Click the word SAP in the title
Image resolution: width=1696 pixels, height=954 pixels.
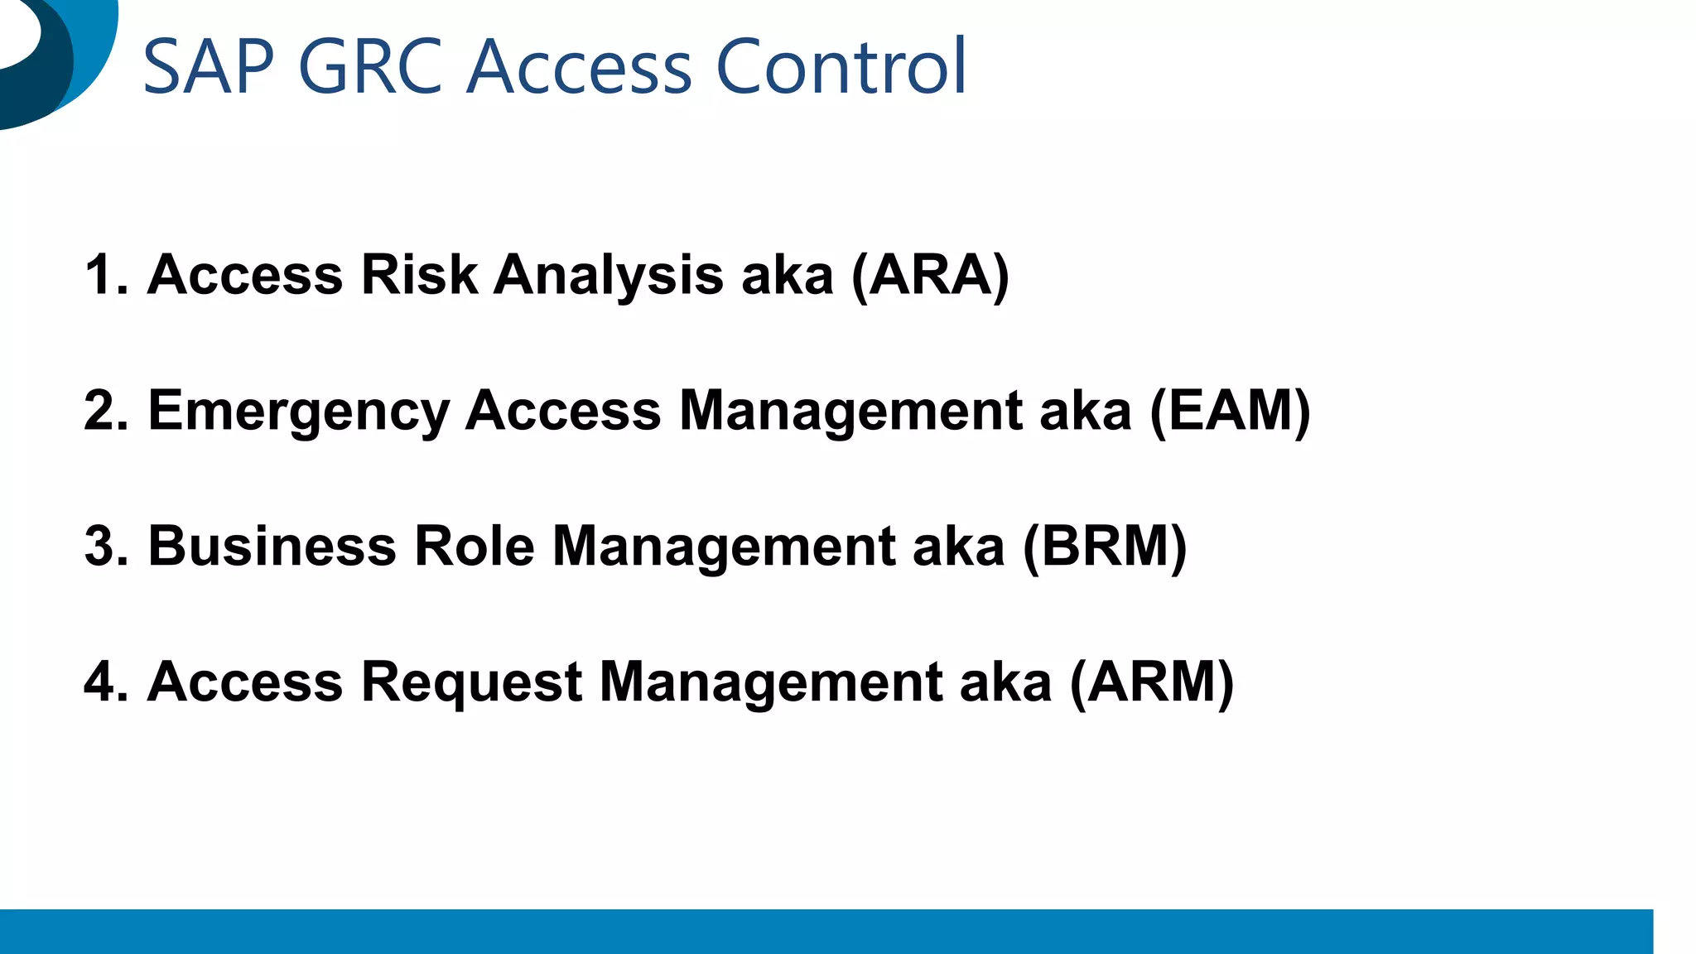(x=209, y=67)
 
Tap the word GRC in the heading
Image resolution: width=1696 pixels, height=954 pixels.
(x=370, y=67)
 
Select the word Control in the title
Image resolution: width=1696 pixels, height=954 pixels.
(x=841, y=67)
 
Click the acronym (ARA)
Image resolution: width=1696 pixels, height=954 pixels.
(x=931, y=275)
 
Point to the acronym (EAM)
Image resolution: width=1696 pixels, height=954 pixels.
(x=1230, y=411)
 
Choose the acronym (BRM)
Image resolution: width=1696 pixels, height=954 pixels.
(x=1105, y=547)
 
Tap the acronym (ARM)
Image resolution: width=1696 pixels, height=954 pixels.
(x=1152, y=682)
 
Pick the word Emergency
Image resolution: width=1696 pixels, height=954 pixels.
(x=298, y=412)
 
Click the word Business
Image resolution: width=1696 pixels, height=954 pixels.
(x=272, y=547)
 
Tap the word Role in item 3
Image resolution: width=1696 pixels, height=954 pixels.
(x=474, y=547)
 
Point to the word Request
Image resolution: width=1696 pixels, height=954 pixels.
(x=472, y=684)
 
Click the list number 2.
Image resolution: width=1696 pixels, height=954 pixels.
(x=106, y=411)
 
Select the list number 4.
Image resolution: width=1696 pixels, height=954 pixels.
(x=106, y=682)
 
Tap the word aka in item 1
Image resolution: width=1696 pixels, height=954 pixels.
(x=787, y=275)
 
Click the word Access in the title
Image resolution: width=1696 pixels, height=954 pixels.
(x=578, y=67)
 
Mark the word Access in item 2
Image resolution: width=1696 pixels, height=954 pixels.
(x=563, y=411)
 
